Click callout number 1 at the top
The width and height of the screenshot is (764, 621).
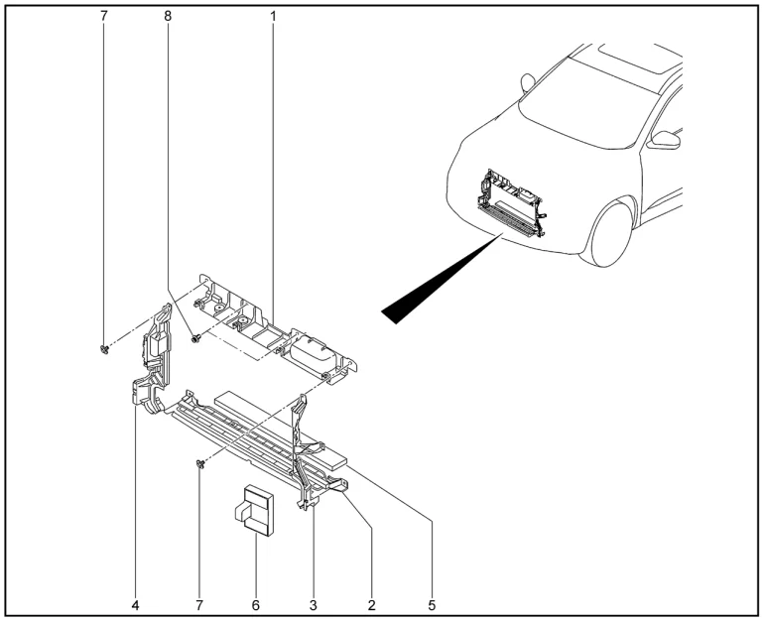coord(273,18)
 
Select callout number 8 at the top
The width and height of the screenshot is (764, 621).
coord(167,18)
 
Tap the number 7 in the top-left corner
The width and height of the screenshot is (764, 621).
coord(103,18)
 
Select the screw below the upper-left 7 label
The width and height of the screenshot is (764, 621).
coord(103,349)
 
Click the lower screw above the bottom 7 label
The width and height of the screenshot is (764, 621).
coord(200,463)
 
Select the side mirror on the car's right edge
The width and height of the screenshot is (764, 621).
coord(664,141)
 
